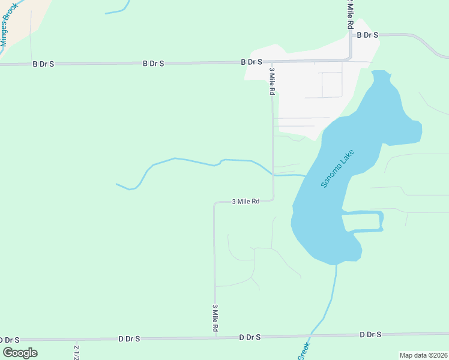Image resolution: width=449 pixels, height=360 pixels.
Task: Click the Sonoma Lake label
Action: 337,169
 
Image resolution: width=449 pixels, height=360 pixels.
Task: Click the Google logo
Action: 20,353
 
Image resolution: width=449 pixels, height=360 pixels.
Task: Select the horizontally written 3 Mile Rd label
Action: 246,202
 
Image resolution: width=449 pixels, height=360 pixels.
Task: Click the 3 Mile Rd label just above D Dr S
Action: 214,318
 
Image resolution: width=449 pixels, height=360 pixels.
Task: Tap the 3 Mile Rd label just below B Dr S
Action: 272,81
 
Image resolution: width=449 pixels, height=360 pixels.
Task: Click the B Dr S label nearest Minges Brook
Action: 43,64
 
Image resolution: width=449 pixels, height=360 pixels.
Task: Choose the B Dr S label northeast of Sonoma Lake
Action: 367,35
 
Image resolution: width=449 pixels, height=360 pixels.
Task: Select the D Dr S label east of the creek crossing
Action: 370,334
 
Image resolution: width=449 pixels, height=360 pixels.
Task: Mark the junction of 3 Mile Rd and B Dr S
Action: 272,61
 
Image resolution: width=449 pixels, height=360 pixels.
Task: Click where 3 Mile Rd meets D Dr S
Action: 215,338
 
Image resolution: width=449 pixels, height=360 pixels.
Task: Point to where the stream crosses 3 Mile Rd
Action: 273,174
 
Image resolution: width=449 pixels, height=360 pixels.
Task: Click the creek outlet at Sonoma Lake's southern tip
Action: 336,264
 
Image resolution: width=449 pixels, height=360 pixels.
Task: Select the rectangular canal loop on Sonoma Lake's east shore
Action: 363,221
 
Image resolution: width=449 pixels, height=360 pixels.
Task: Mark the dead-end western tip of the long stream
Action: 116,184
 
